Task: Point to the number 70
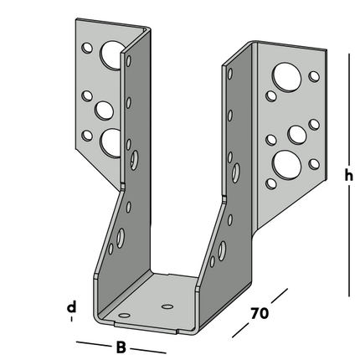pyautogui.click(x=260, y=315)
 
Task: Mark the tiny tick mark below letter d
pyautogui.click(x=72, y=321)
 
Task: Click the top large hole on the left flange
pyautogui.click(x=111, y=56)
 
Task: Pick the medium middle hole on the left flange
pyautogui.click(x=104, y=109)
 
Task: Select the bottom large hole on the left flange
pyautogui.click(x=110, y=143)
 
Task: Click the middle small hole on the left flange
pyautogui.click(x=86, y=96)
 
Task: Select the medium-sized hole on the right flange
pyautogui.click(x=296, y=133)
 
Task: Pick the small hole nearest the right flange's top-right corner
pyautogui.click(x=314, y=76)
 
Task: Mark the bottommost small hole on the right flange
pyautogui.click(x=270, y=181)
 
